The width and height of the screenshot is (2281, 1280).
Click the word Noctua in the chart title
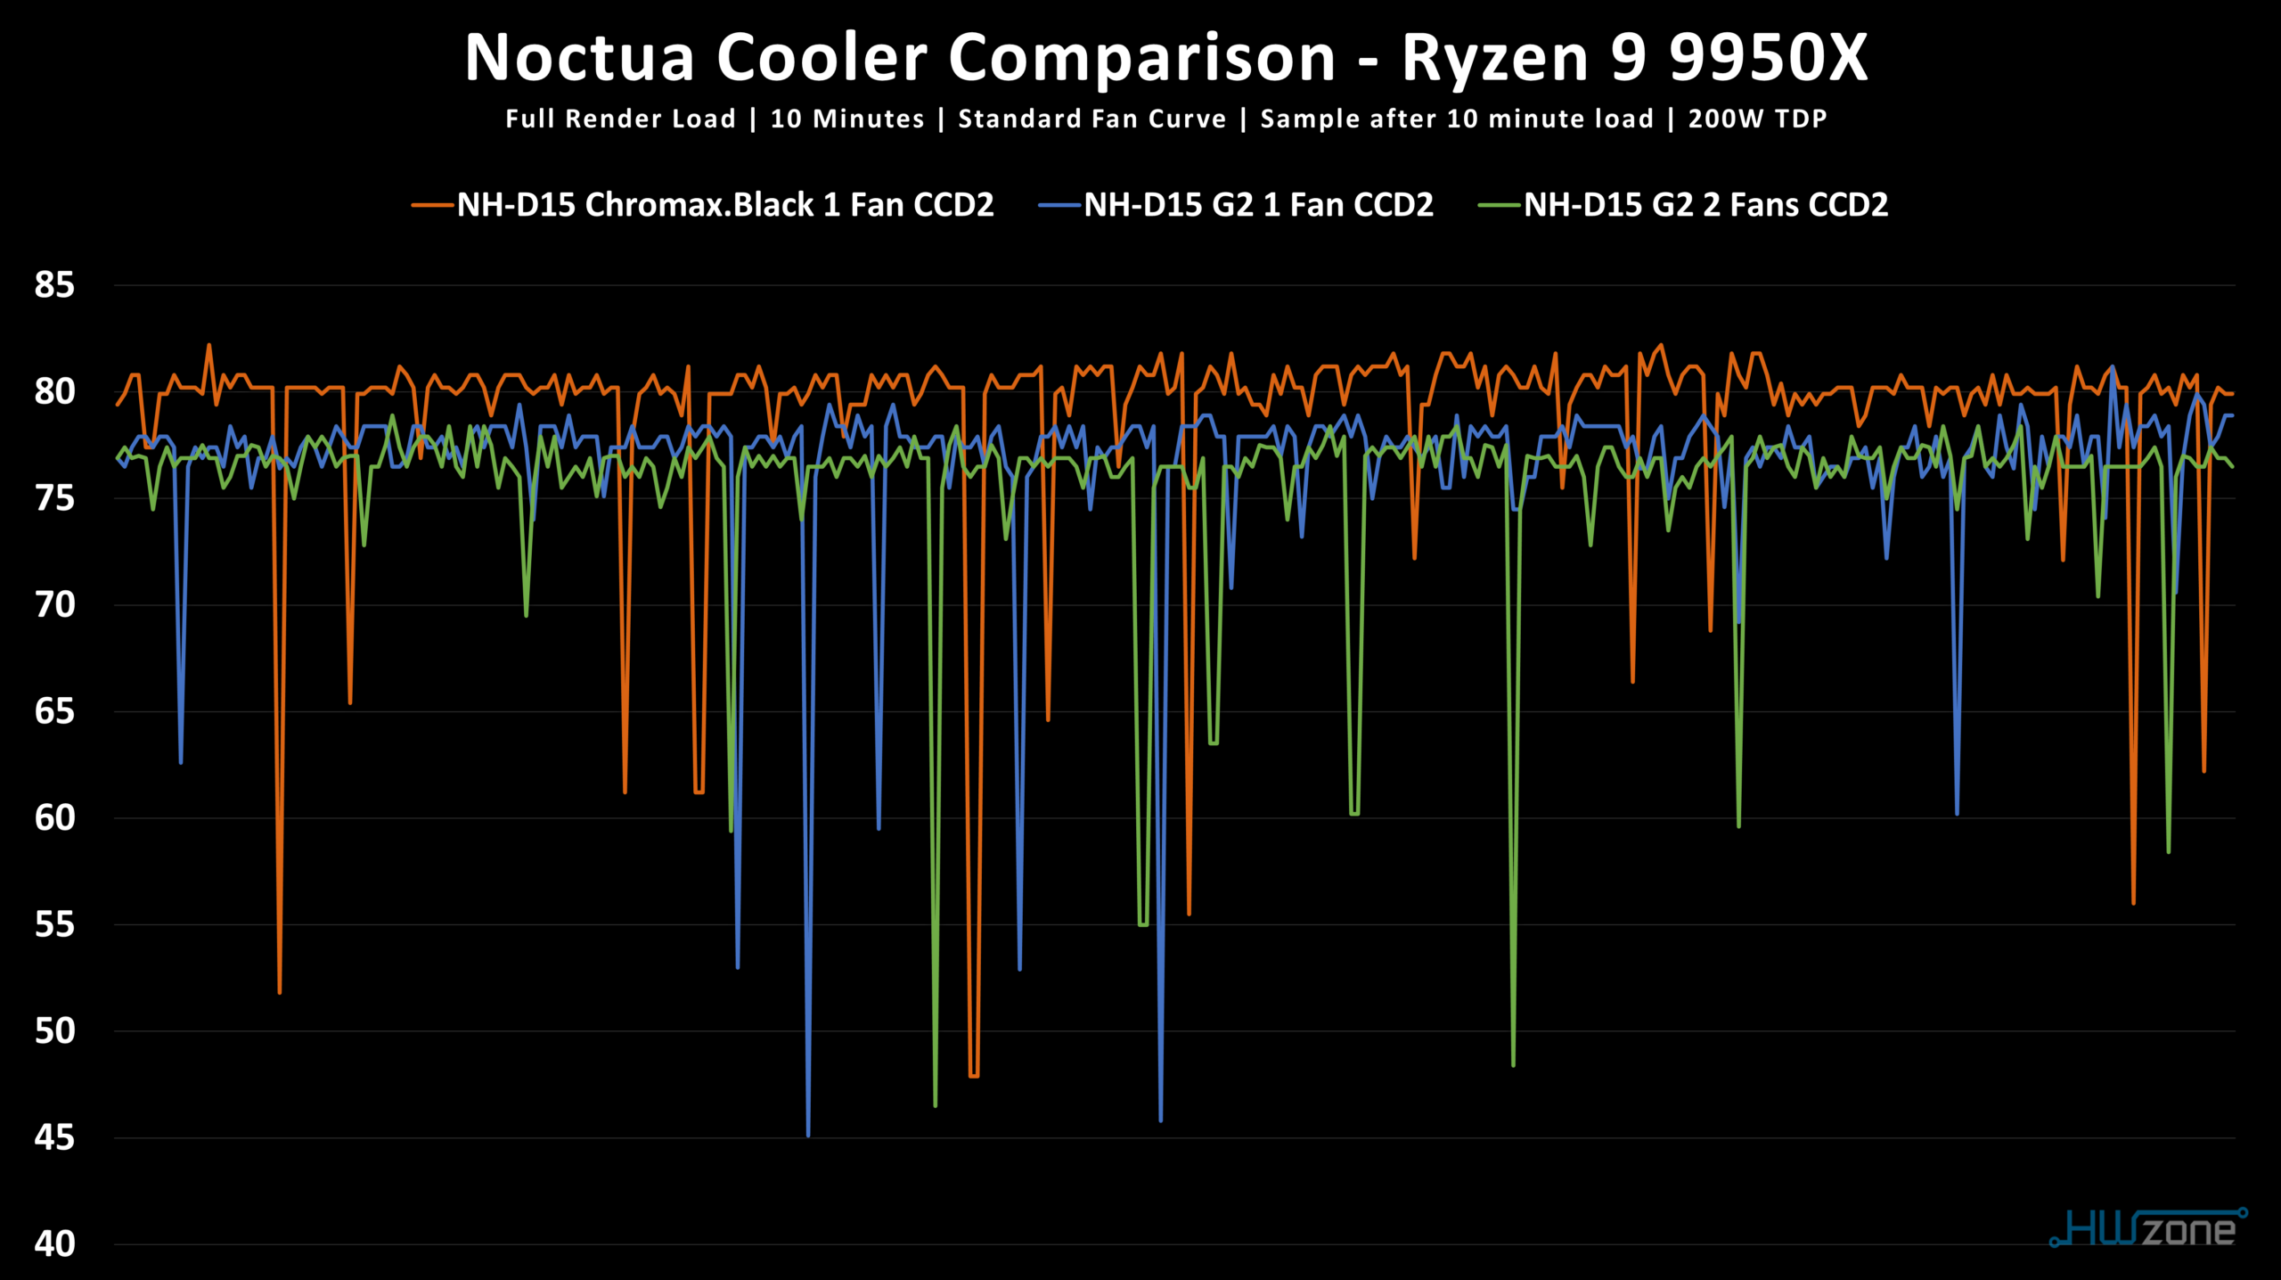tap(579, 58)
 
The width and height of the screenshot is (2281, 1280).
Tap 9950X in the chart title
tap(1768, 58)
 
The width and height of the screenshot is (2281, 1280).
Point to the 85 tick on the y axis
tap(54, 285)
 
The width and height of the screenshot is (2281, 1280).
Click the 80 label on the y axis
tap(54, 391)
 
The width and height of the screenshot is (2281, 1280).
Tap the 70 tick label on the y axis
tap(54, 605)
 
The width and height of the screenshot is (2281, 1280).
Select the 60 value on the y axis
tap(54, 818)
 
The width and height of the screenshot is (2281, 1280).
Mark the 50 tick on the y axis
tap(54, 1031)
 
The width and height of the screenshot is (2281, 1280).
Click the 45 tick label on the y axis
tap(54, 1138)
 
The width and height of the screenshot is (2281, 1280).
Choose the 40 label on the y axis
tap(54, 1244)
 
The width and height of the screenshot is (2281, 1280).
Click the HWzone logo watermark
tap(2148, 1228)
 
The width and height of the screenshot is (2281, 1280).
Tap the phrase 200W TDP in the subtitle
tap(1757, 119)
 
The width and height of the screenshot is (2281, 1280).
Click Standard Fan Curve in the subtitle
tap(1091, 119)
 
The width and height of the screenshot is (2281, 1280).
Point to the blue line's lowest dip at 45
tap(808, 1135)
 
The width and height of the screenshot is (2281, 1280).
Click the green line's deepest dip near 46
tap(935, 1105)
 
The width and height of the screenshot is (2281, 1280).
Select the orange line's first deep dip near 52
tap(280, 991)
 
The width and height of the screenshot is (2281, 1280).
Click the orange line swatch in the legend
tap(433, 206)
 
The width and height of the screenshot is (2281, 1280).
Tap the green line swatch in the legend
tap(1500, 206)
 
